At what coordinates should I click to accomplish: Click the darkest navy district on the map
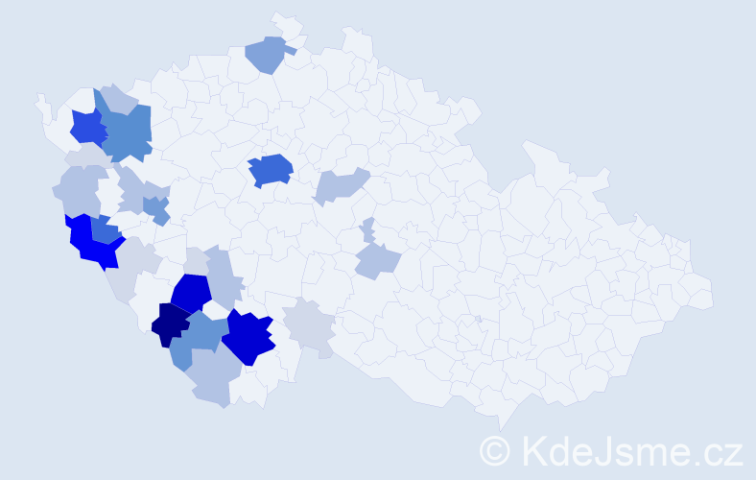[x=171, y=324]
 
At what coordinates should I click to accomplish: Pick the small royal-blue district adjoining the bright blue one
[x=106, y=230]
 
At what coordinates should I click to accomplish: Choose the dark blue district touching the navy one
[x=192, y=293]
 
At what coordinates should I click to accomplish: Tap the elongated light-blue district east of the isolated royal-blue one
[x=341, y=184]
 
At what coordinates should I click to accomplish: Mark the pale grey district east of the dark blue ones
[x=310, y=325]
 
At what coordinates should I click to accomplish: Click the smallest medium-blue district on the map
[x=155, y=208]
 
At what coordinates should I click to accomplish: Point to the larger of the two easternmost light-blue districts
[x=376, y=260]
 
